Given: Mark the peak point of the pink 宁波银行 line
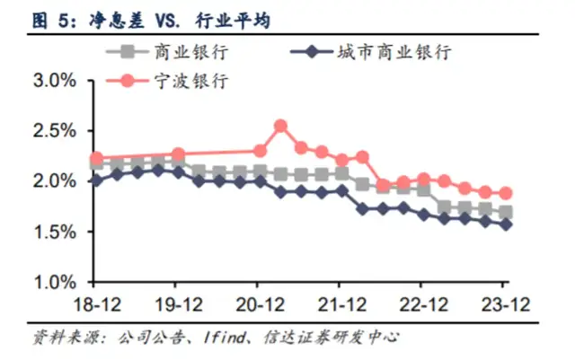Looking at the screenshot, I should [x=280, y=126].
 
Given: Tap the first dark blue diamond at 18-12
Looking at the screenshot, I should [x=97, y=180].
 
